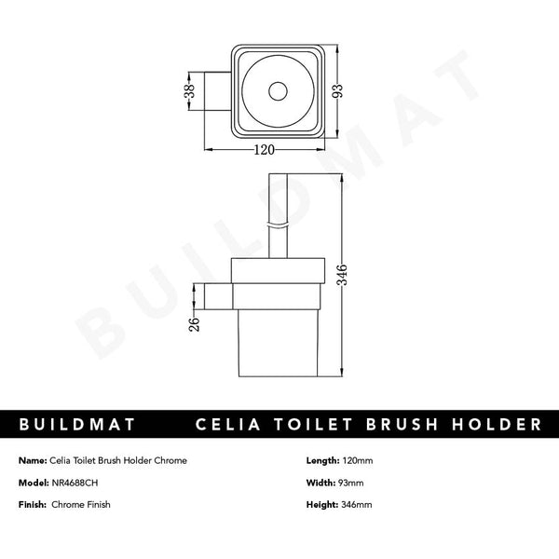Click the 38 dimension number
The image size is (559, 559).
[x=189, y=91]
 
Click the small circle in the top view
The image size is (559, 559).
[x=277, y=91]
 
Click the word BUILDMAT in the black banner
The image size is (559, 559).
[x=78, y=425]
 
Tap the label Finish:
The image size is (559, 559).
[x=32, y=504]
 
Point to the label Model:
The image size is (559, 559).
[x=33, y=482]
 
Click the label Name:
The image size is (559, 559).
[x=32, y=460]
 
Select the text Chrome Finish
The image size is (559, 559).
[x=83, y=504]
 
